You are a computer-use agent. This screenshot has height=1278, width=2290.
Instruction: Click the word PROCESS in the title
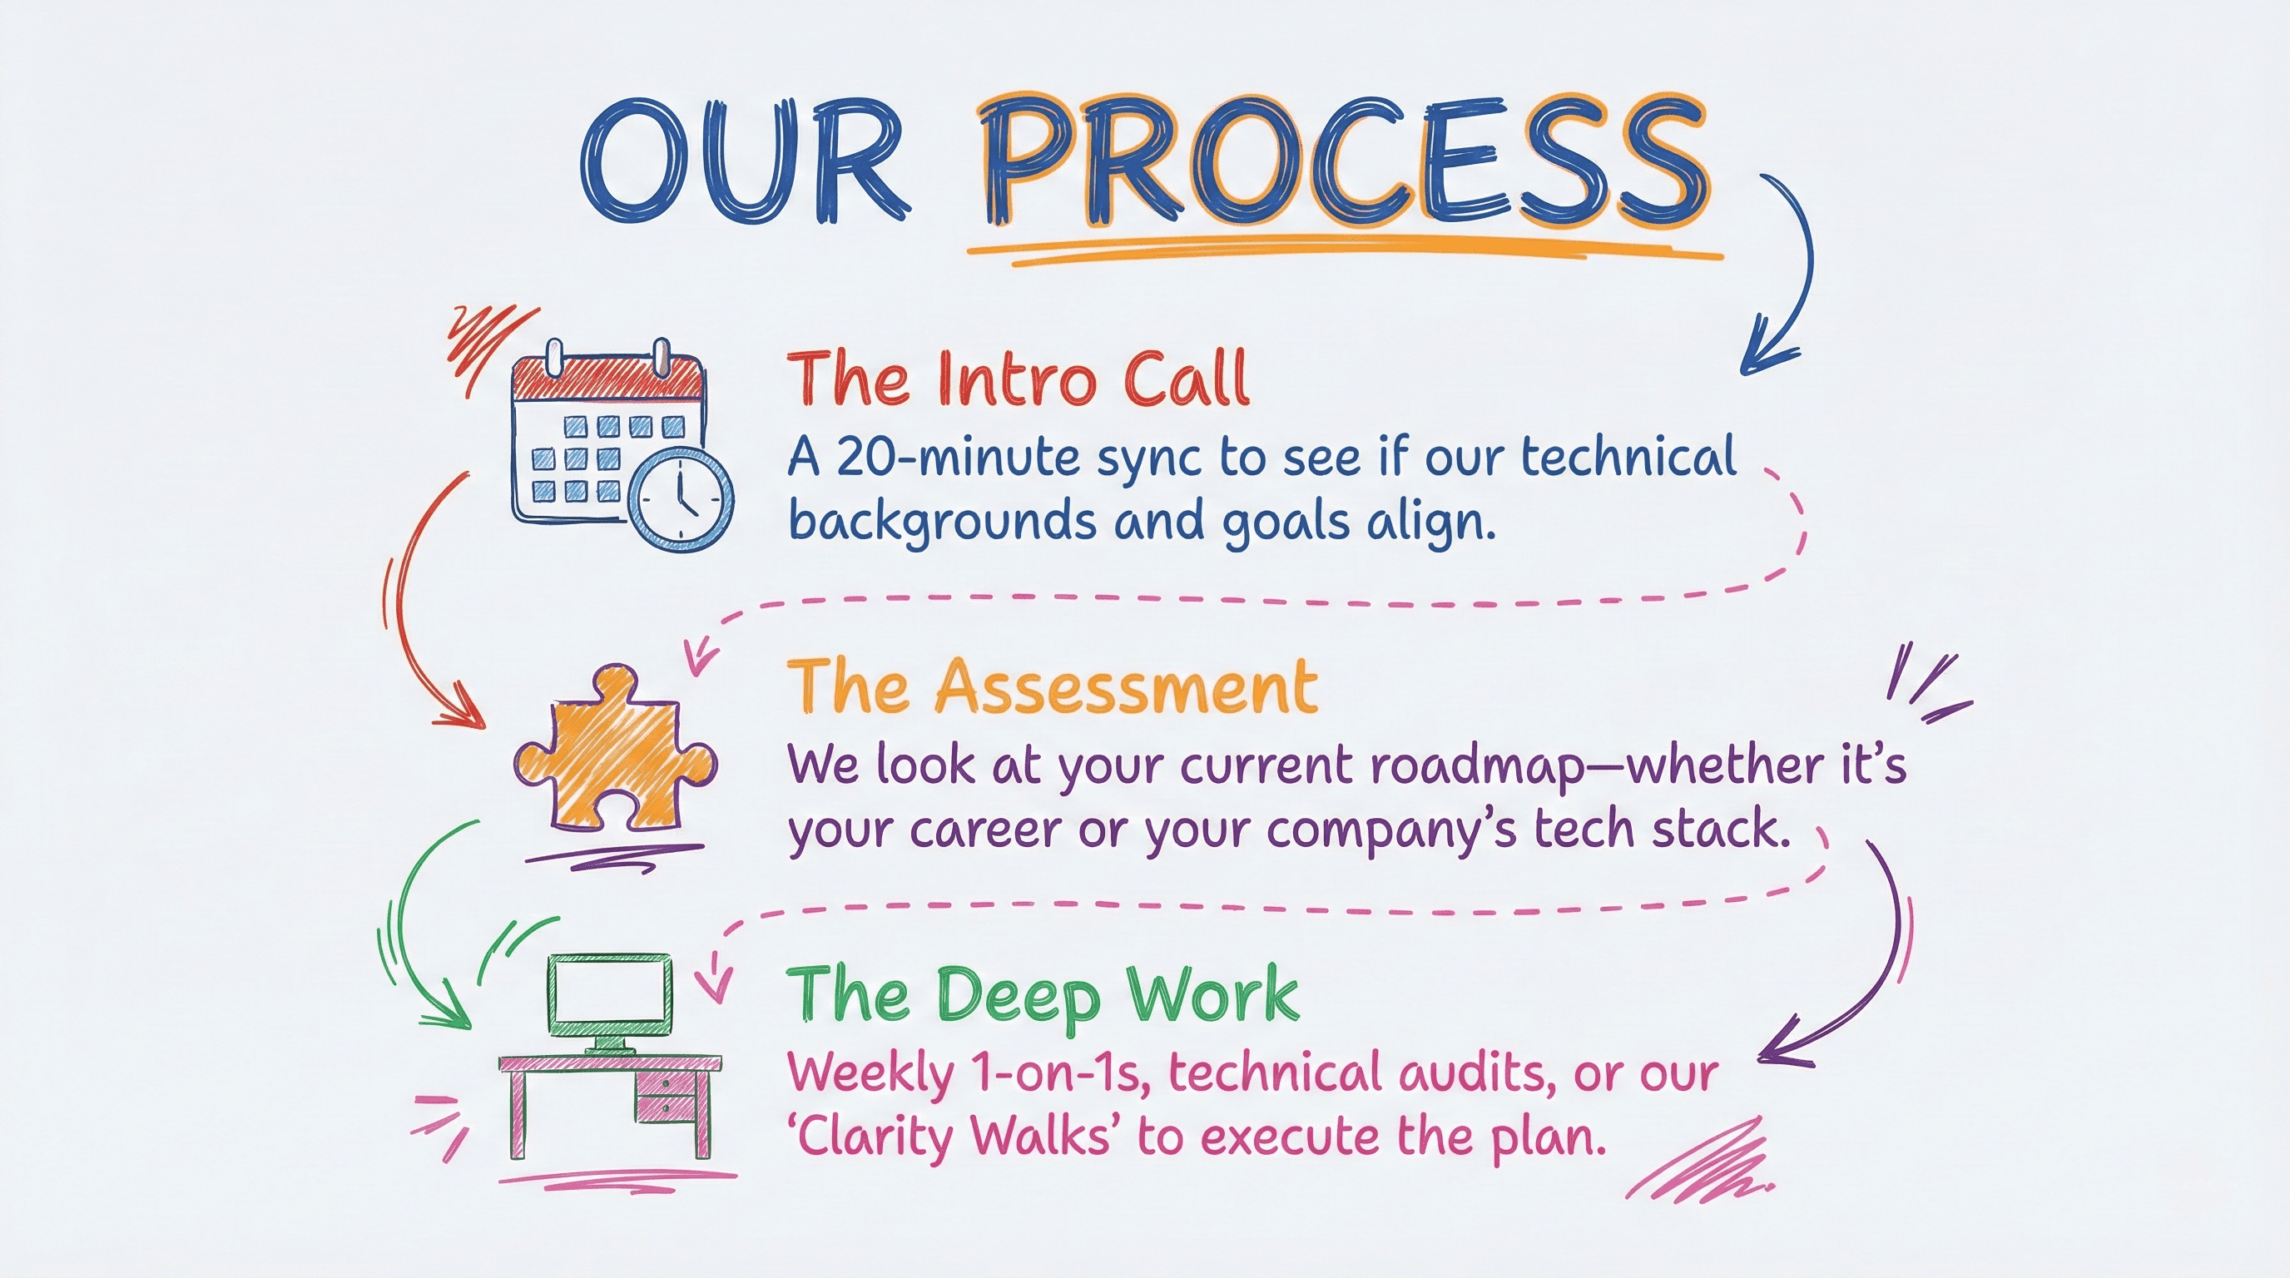(x=1347, y=165)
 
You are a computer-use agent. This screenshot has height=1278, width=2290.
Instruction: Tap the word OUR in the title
(x=745, y=165)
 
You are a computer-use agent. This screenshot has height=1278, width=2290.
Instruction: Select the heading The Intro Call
(x=1019, y=379)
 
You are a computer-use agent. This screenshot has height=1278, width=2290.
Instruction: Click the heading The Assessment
(x=1053, y=687)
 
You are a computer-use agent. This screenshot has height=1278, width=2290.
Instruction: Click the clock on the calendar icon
(x=682, y=496)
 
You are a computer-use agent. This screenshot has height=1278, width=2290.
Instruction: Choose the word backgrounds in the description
(x=942, y=522)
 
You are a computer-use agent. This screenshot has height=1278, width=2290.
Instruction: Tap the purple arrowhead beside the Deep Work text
(x=1778, y=1053)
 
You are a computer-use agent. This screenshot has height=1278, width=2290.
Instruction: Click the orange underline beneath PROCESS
(x=1342, y=246)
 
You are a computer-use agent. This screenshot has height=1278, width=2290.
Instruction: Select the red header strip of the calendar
(x=608, y=379)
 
